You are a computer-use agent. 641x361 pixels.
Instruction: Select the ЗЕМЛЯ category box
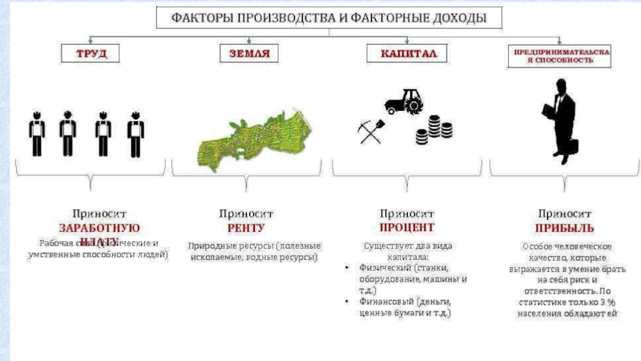244,55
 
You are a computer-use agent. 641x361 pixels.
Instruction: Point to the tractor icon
405,99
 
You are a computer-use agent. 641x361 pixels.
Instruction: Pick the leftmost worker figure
36,132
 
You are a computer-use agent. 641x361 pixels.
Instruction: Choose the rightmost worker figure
135,132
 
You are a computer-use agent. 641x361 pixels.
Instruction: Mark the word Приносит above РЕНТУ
246,214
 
